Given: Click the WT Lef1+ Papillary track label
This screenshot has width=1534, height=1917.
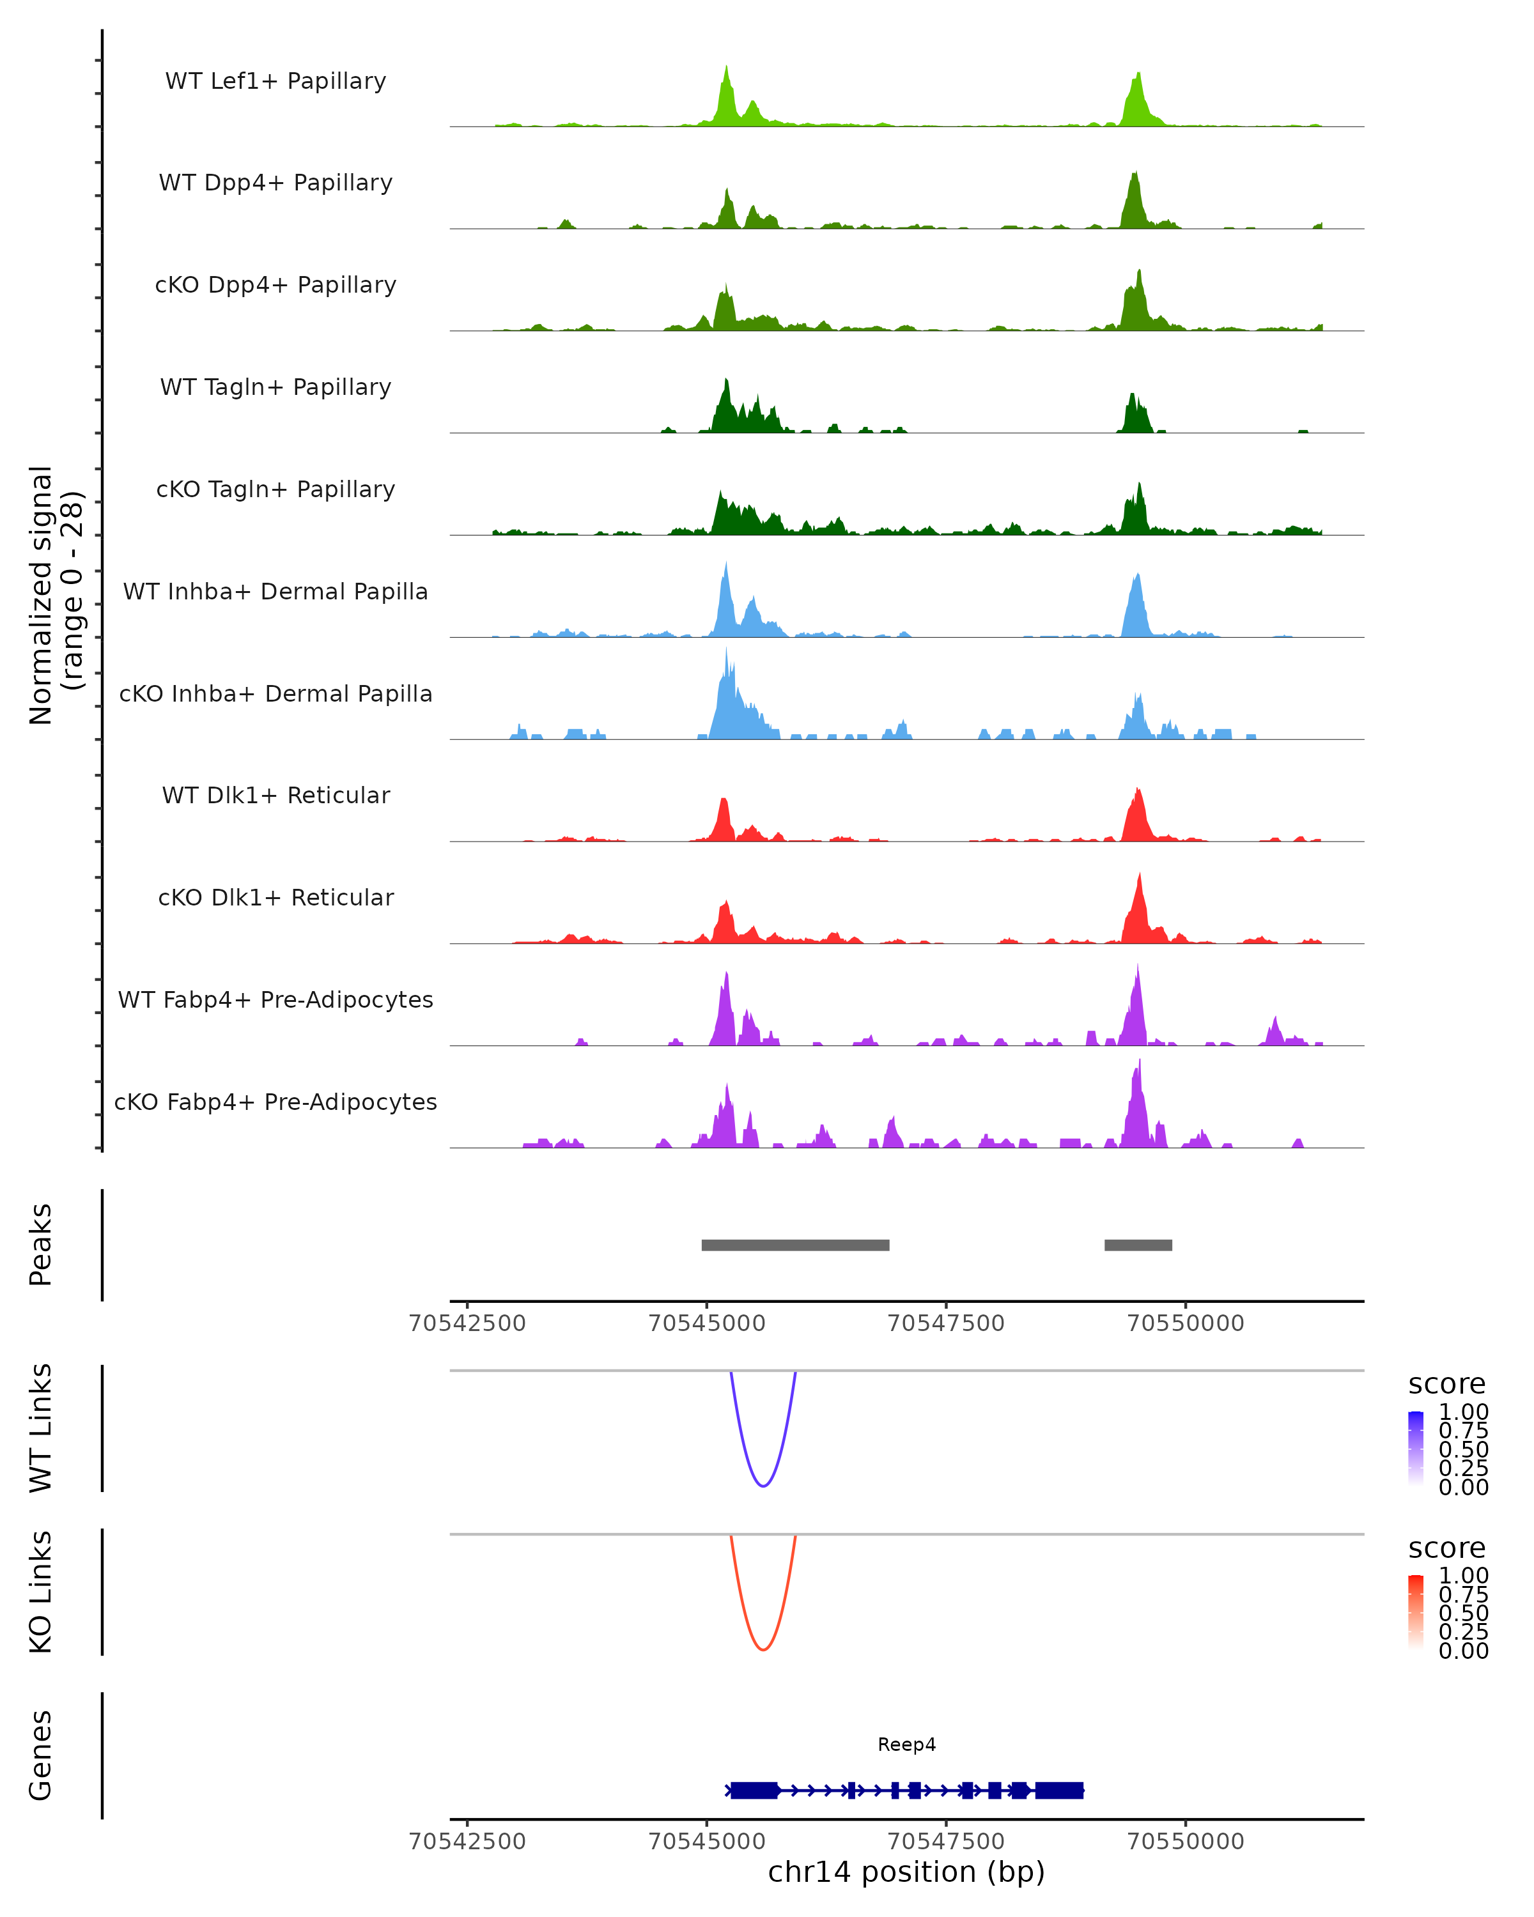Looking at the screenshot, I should [x=275, y=81].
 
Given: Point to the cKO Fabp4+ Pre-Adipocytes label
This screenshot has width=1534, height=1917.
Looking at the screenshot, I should [x=275, y=1102].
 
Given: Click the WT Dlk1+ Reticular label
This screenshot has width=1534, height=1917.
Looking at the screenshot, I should [x=275, y=795].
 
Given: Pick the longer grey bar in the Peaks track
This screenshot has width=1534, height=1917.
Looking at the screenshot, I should [x=795, y=1245].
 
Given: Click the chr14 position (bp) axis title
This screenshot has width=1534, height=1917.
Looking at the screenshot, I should [x=906, y=1872].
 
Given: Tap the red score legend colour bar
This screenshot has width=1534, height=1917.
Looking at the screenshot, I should [x=1416, y=1612].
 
